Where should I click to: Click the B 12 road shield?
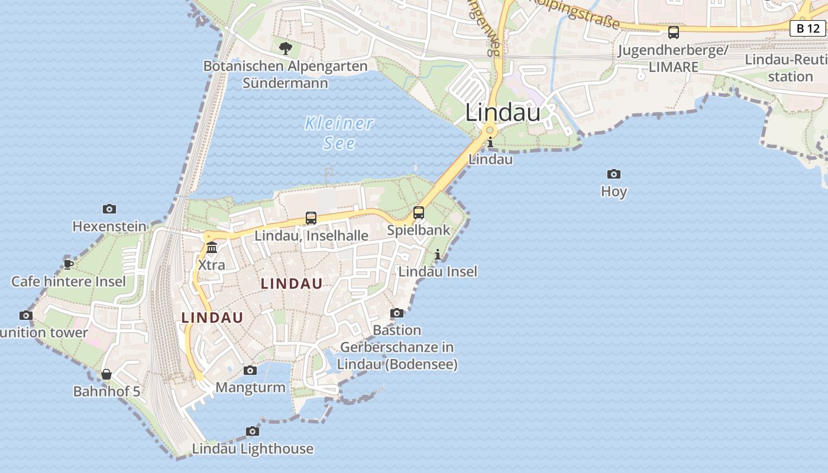point(807,28)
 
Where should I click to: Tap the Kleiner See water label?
point(339,133)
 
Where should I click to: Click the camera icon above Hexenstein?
point(109,209)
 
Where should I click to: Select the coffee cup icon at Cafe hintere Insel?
point(69,264)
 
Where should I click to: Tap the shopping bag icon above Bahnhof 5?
point(106,374)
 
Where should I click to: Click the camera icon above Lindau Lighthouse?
point(253,431)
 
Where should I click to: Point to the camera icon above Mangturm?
point(250,370)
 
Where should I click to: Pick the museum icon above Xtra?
point(212,247)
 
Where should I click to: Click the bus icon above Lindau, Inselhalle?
point(311,218)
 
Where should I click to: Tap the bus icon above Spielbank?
point(419,212)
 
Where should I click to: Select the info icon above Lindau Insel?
point(438,254)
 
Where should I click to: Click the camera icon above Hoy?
point(614,174)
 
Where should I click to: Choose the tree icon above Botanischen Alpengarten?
point(286,48)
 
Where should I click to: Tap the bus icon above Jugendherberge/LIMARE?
point(673,33)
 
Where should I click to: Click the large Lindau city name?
point(503,112)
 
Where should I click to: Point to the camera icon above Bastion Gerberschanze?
point(397,313)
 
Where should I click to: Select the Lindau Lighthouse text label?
point(253,449)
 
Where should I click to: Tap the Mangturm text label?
point(250,388)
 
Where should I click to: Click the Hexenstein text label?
point(109,226)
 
